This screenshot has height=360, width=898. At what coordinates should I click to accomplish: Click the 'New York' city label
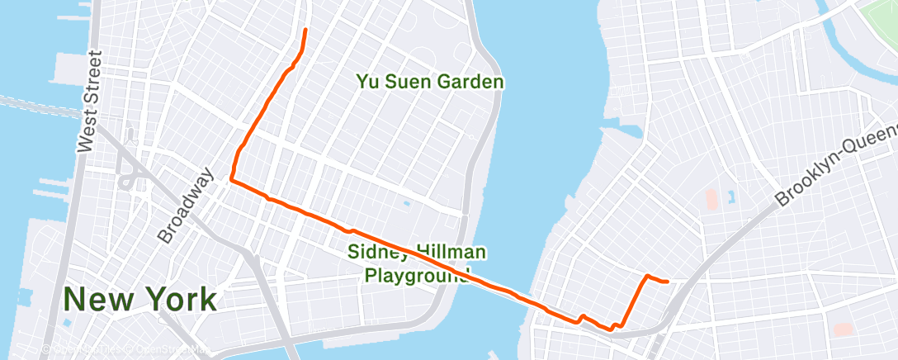point(140,299)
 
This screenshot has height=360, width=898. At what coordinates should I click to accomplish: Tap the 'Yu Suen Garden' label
point(430,82)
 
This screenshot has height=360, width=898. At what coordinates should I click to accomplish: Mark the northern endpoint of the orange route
point(306,30)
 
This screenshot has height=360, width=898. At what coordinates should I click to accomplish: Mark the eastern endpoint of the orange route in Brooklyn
point(666,282)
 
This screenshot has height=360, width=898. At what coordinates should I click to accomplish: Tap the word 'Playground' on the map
point(418,274)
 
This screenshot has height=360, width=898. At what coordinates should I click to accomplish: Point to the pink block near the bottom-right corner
point(843,329)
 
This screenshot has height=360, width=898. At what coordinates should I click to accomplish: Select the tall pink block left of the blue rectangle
point(711,199)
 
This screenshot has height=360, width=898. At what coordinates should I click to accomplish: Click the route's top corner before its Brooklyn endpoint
point(647,276)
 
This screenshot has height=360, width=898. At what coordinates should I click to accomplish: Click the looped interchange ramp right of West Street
point(129,181)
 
